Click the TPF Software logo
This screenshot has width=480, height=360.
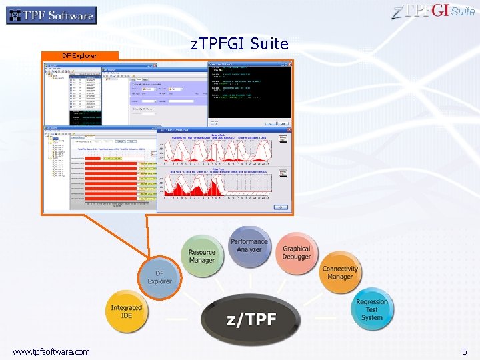[51, 15]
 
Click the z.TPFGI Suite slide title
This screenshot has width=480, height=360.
[239, 45]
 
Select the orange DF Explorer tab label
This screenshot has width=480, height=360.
[79, 56]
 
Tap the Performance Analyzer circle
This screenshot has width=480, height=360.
[249, 246]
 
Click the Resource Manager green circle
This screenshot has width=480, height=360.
[202, 257]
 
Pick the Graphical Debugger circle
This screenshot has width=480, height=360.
[296, 253]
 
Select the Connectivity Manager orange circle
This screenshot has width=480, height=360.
[339, 273]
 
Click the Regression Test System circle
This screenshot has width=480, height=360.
[371, 309]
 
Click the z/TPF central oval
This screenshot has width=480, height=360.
[251, 319]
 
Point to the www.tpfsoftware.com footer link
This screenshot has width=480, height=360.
[51, 351]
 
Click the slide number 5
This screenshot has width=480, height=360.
[465, 351]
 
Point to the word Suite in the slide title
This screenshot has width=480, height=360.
[270, 45]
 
